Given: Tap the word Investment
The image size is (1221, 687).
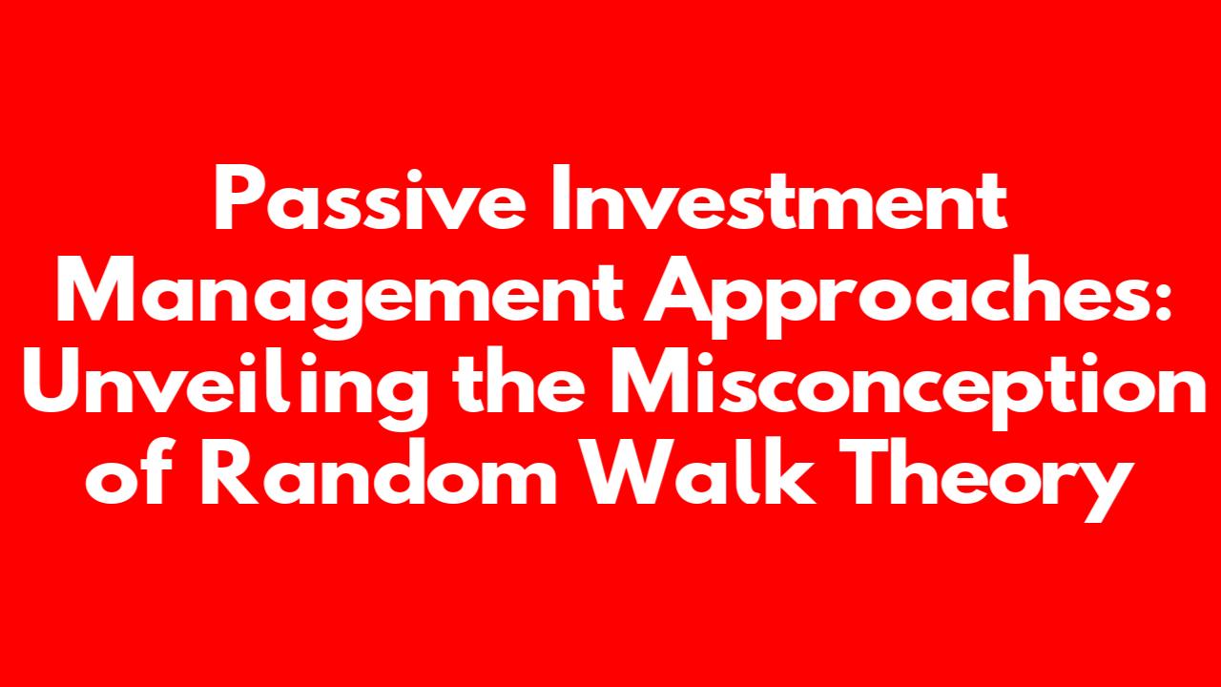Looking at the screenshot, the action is tap(778, 198).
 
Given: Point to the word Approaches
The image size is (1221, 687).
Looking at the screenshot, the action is tap(900, 295).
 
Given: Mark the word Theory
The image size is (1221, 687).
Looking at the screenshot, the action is tap(987, 480).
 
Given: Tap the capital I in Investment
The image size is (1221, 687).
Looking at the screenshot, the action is tap(559, 198).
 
